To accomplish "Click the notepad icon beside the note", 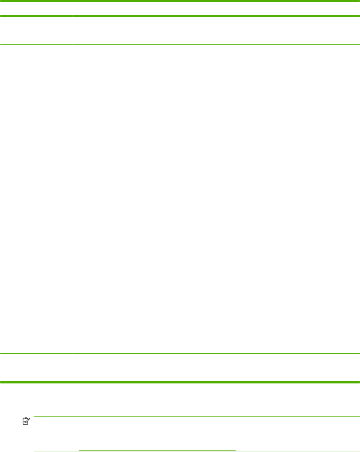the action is tap(25, 421).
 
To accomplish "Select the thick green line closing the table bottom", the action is tap(180, 382).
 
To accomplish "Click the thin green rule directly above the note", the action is tap(196, 416).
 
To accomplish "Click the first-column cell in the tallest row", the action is tap(36, 252).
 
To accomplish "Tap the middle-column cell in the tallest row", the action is tap(108, 252).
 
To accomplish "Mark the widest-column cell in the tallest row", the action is tap(252, 252).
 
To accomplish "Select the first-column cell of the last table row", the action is tap(36, 367).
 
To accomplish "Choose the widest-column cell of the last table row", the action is tap(252, 367).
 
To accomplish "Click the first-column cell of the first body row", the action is tap(36, 30).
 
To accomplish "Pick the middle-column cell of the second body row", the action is tap(108, 55).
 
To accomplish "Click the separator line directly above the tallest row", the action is tap(180, 150).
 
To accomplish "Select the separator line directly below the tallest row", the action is tap(180, 354).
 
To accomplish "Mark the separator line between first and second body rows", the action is tap(180, 45).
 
